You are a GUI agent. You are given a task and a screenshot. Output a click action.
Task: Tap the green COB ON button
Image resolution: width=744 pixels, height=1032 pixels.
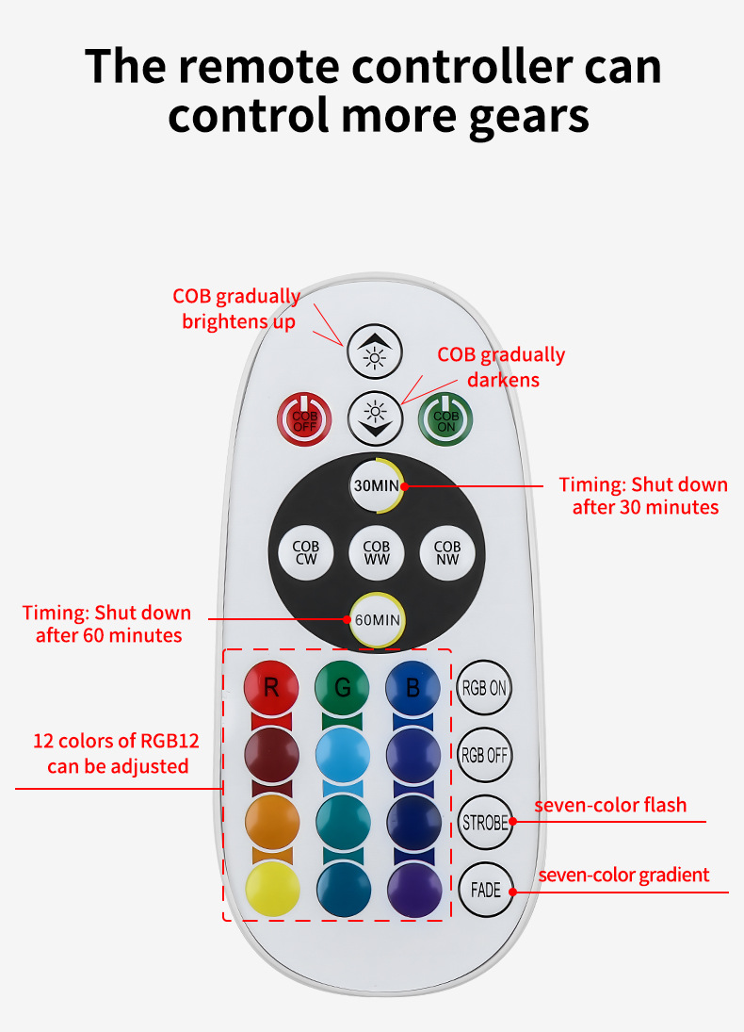point(445,420)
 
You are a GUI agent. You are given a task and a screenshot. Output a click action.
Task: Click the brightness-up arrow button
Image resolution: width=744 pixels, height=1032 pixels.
point(374,352)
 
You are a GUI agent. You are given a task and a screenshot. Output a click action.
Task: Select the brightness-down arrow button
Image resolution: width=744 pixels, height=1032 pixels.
point(375,418)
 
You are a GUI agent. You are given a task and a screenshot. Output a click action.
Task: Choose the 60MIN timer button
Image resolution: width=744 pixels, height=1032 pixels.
point(377,620)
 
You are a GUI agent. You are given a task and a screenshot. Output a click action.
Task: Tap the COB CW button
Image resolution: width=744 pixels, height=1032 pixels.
point(306,553)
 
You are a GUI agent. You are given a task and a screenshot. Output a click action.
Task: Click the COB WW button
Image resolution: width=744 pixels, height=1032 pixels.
point(377,553)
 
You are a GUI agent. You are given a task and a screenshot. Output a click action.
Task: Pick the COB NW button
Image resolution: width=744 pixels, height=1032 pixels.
point(447,553)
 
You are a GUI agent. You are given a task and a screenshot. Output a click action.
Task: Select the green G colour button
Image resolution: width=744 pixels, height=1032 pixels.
point(342,688)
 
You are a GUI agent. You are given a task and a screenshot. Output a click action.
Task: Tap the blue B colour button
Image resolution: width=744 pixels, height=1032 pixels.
point(413,688)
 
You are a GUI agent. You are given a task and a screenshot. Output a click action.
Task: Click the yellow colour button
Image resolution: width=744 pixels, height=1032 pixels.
point(272,890)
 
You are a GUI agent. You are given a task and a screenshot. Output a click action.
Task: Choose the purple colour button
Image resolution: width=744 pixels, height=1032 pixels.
point(414,890)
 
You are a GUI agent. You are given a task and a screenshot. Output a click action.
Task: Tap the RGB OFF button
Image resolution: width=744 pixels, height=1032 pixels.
point(485,755)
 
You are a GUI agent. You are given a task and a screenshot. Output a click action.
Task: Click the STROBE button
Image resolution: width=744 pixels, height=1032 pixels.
point(485,823)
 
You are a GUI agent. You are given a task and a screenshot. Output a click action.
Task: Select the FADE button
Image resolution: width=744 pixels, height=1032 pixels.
point(486,890)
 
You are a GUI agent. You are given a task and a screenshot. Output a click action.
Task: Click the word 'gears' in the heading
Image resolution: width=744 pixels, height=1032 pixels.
point(529,117)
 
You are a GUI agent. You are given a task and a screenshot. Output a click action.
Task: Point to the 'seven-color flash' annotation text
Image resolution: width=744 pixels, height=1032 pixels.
point(610,805)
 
